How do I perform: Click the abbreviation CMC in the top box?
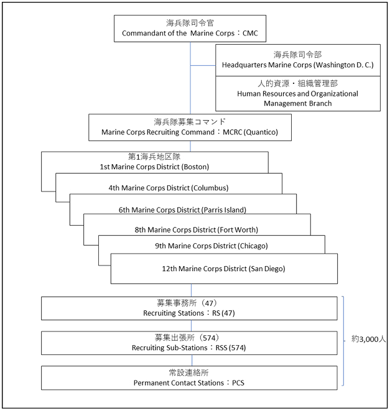pos(250,34)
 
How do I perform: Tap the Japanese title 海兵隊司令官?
pos(190,23)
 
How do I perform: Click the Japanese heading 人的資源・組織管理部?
pos(298,83)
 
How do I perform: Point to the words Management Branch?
pos(298,104)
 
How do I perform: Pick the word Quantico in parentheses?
pos(261,132)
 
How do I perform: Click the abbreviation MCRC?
pos(233,132)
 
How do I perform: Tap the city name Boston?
pos(196,167)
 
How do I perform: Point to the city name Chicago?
pos(253,246)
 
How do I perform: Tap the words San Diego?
pos(267,269)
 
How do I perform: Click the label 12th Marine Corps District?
pos(204,269)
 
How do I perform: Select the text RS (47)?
pos(223,313)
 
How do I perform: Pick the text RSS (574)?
pos(231,348)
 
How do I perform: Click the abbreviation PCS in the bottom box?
pos(238,383)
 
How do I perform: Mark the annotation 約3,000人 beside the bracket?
pos(368,339)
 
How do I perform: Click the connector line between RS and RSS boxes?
pos(191,326)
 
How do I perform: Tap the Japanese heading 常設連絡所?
pos(189,372)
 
